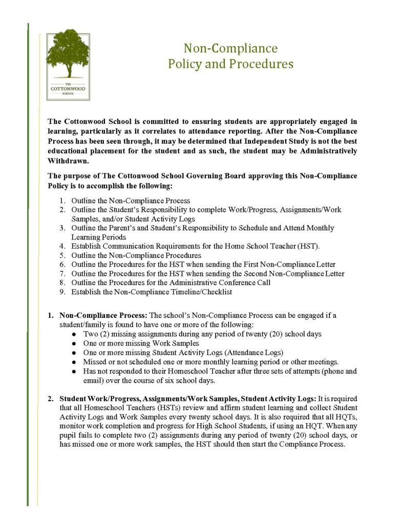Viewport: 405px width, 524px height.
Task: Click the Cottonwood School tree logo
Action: (x=68, y=67)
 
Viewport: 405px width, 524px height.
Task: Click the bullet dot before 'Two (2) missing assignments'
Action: (x=75, y=335)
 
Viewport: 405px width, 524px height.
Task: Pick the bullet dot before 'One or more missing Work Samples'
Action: (x=75, y=343)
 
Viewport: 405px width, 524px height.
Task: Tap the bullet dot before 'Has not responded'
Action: (x=75, y=371)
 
